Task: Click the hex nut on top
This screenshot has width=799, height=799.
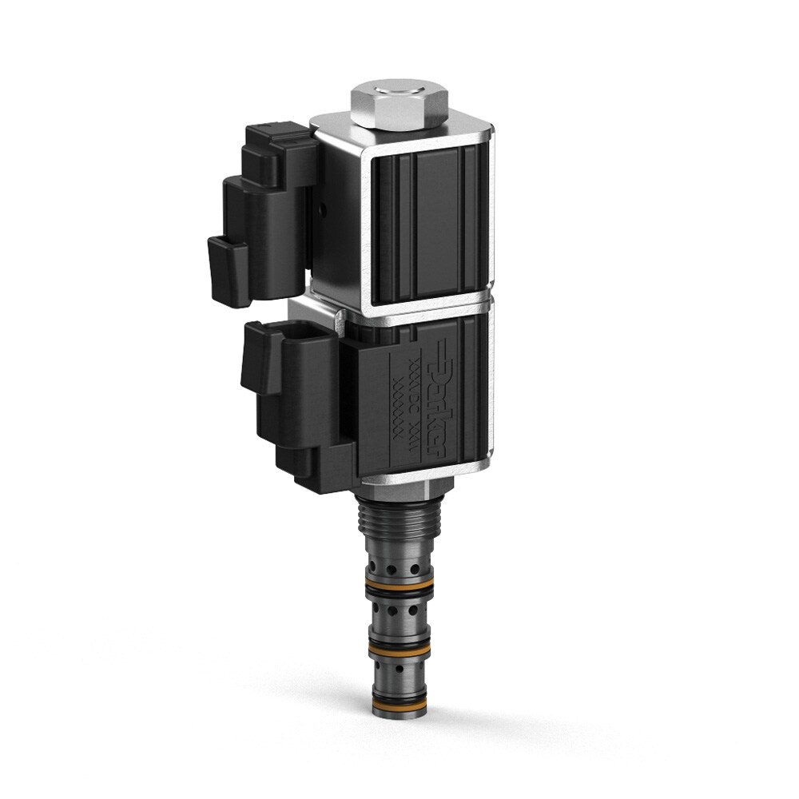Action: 399,109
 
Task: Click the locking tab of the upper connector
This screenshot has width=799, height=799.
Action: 228,272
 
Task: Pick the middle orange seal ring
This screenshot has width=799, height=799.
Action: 399,645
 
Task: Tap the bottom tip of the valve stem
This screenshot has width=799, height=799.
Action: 399,714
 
